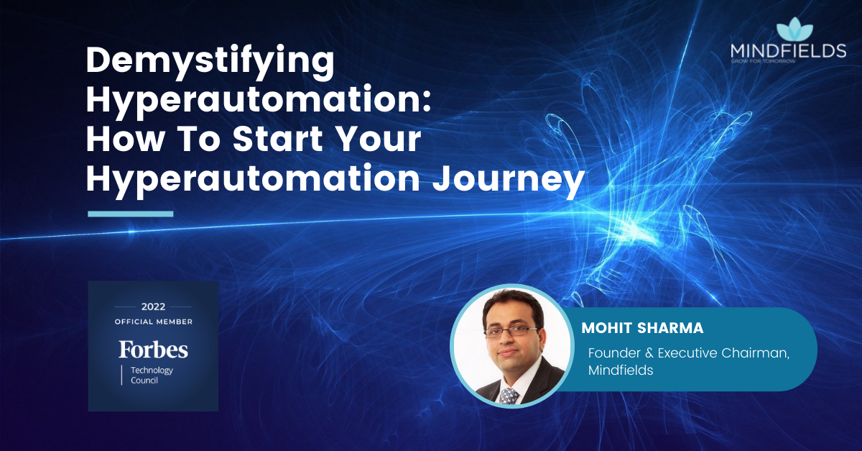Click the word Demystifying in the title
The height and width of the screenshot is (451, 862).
[210, 63]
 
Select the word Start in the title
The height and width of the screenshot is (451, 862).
[278, 138]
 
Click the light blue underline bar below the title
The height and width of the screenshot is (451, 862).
[131, 214]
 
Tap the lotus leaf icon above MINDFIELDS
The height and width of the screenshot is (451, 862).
[794, 29]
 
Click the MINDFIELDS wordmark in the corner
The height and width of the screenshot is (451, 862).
[788, 51]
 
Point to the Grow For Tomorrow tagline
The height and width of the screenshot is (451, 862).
[763, 61]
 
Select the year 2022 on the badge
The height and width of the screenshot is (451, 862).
[153, 307]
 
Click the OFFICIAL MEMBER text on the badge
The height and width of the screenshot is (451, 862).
[154, 322]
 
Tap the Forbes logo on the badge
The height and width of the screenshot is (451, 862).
[153, 350]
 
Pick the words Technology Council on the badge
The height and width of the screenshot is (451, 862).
[152, 375]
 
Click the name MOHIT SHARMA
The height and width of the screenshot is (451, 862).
[642, 328]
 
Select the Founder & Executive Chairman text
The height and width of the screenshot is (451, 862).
[689, 353]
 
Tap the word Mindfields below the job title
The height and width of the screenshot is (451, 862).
[621, 370]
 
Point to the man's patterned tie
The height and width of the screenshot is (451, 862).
[509, 396]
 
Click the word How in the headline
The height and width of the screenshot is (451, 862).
[125, 138]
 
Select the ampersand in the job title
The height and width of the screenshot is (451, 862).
[649, 353]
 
